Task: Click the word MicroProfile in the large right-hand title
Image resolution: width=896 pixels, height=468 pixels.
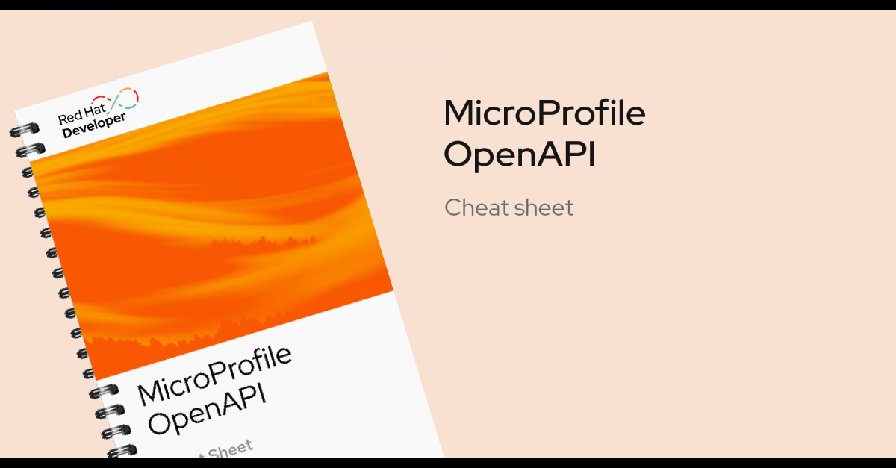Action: coord(544,114)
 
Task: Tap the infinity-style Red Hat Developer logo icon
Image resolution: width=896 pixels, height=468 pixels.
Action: coord(122,101)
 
